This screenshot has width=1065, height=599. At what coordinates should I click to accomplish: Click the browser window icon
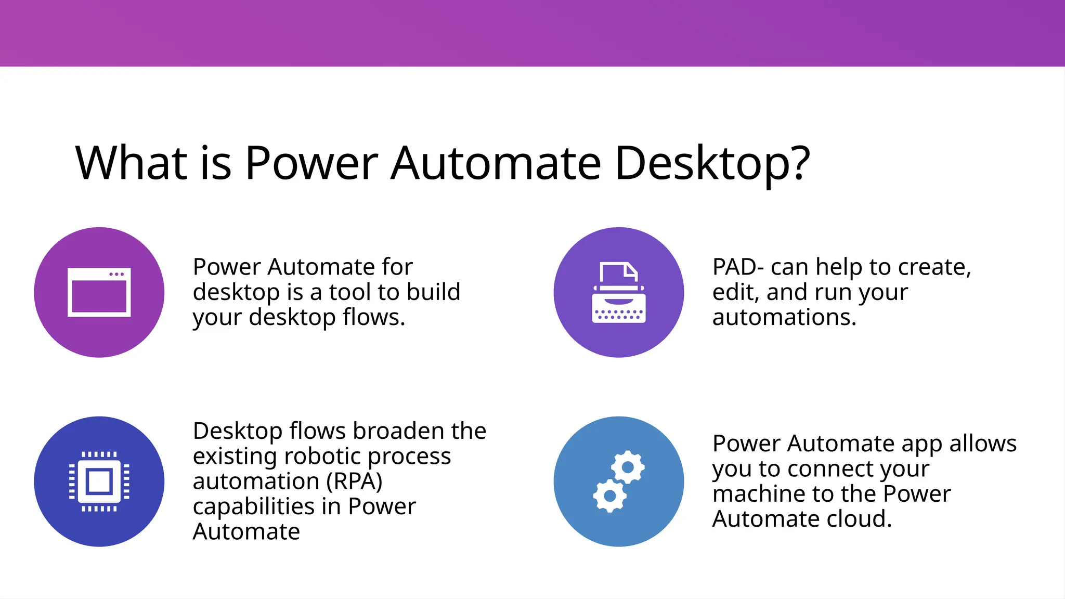[99, 292]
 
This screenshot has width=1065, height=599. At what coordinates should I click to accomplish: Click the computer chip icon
[99, 481]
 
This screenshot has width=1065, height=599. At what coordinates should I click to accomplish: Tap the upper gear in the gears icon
[628, 467]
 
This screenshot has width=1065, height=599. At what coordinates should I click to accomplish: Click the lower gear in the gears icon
[609, 496]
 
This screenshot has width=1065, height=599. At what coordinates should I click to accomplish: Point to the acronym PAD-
[738, 267]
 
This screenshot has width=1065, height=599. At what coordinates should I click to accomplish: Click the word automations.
[784, 317]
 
